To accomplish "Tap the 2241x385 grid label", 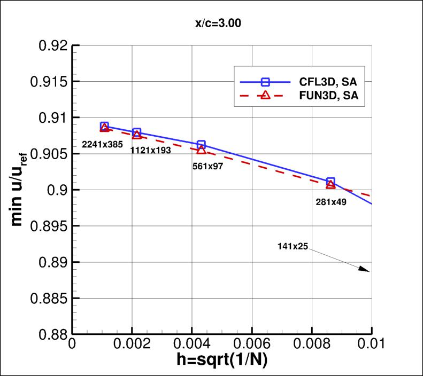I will click(x=103, y=144).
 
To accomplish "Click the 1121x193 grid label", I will click(x=151, y=151).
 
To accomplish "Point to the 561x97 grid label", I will click(x=207, y=166).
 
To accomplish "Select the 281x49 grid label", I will click(x=331, y=202).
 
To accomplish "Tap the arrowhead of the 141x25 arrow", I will click(x=366, y=270).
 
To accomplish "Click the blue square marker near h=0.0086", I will click(x=330, y=182).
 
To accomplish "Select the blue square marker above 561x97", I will click(x=201, y=145).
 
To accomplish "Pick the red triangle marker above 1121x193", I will click(x=137, y=135).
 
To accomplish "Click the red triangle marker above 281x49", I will click(x=330, y=185).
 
